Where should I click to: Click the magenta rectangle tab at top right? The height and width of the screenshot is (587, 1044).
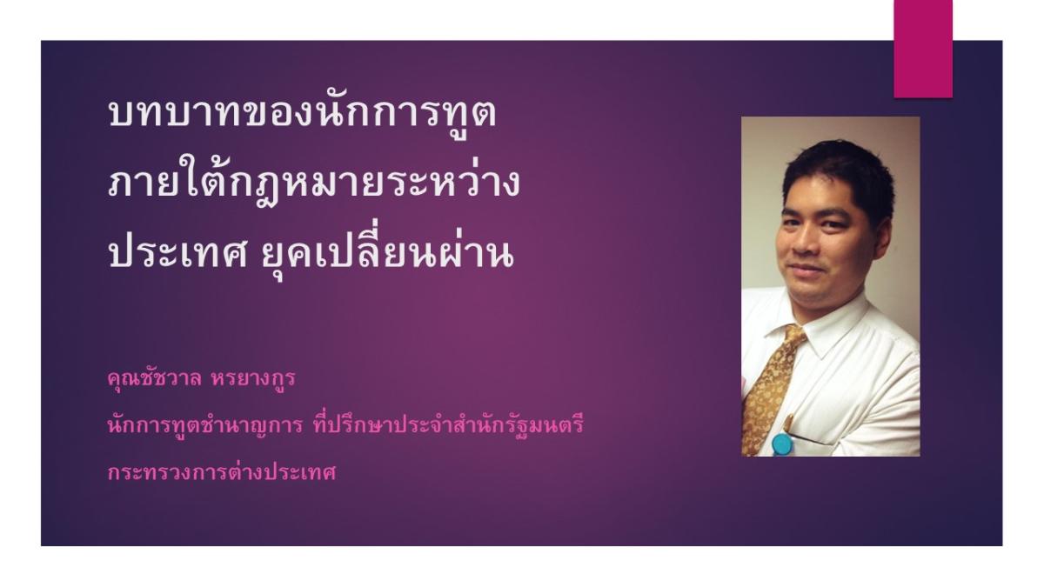(923, 49)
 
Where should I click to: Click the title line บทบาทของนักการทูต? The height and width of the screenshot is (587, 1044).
(303, 113)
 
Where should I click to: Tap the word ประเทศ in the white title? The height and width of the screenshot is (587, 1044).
(177, 254)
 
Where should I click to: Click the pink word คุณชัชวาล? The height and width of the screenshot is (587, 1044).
(154, 378)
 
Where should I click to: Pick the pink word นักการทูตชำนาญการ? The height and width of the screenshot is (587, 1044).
(205, 426)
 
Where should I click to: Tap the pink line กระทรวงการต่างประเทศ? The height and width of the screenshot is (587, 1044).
(221, 472)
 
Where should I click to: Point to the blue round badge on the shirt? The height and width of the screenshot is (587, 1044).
(782, 444)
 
